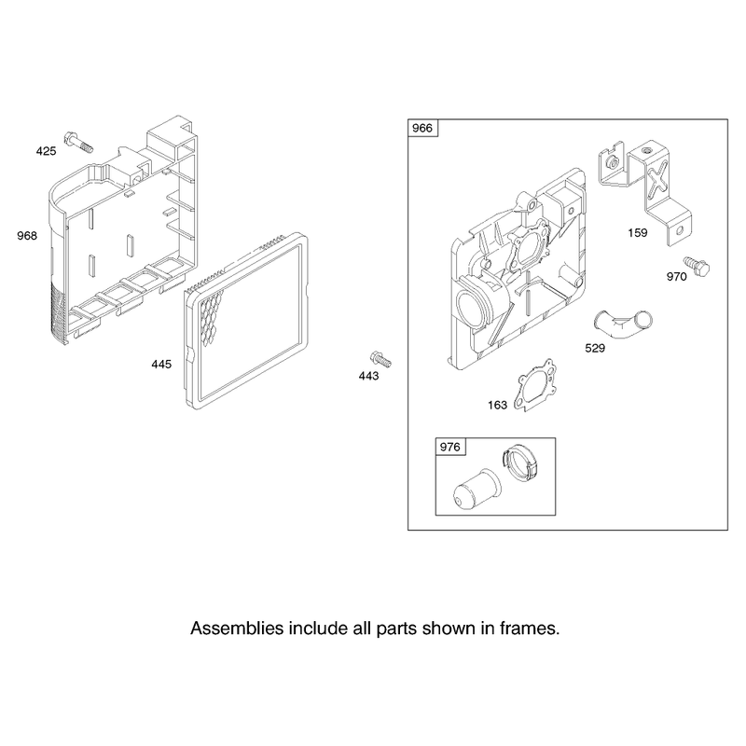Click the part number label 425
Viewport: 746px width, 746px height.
[46, 151]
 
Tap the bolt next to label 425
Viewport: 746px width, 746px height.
[79, 142]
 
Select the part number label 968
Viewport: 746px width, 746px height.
[27, 236]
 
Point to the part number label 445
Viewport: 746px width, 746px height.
[161, 365]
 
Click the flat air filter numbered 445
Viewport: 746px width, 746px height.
[247, 321]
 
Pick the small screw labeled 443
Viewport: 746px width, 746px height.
[380, 359]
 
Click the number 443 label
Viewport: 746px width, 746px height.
[368, 377]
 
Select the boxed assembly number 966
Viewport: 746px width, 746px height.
[422, 128]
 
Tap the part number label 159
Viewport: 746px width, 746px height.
[638, 232]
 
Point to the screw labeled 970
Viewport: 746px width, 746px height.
[697, 266]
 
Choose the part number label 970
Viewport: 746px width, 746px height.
[677, 277]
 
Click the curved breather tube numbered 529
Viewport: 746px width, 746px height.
[622, 325]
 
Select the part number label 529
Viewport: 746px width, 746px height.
[595, 348]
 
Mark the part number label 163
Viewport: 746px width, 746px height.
[498, 405]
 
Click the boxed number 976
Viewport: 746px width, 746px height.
[450, 447]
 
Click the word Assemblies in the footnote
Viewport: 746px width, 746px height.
[237, 629]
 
